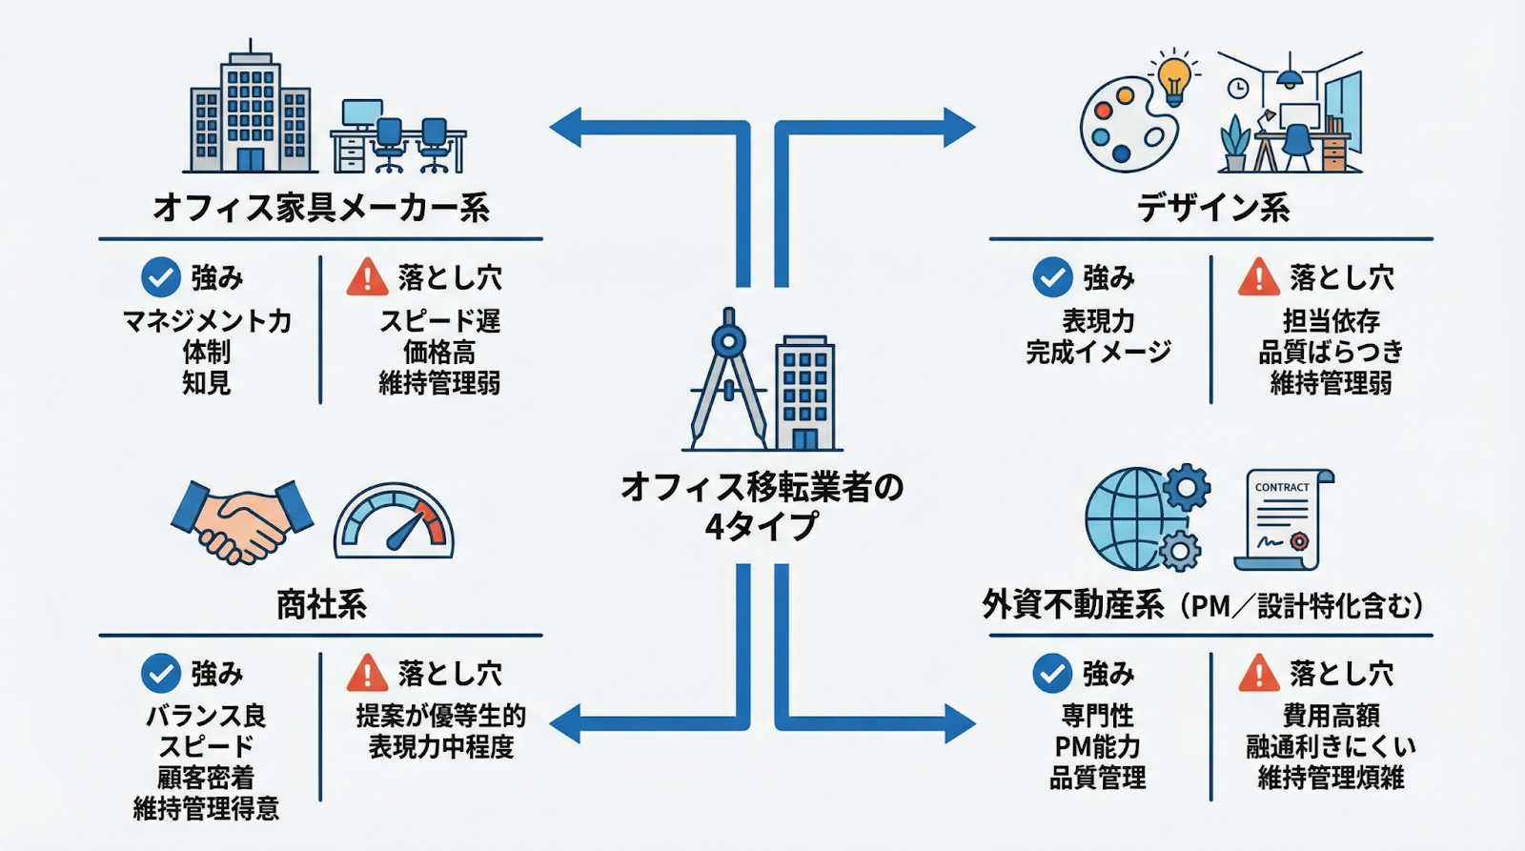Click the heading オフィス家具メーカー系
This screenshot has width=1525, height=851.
321,208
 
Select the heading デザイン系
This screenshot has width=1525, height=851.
1212,208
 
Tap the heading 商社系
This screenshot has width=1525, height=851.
321,604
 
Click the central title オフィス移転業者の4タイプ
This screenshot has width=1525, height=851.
762,506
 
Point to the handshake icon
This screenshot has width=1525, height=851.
242,522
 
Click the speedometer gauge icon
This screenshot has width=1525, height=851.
394,522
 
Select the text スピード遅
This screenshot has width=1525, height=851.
439,321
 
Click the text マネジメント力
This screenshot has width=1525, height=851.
207,321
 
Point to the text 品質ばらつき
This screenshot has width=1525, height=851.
1331,353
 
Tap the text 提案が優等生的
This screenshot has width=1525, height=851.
440,716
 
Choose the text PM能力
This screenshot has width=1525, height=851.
1097,747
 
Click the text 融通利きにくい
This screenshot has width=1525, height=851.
1331,747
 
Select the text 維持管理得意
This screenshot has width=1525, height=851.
207,809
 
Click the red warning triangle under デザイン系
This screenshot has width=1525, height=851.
1258,277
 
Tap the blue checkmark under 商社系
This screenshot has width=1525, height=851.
161,673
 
